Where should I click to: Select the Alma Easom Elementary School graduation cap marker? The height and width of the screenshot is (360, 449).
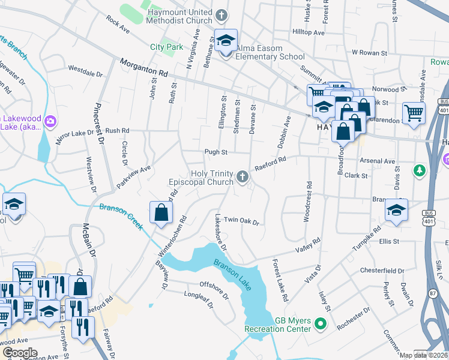click(x=226, y=42)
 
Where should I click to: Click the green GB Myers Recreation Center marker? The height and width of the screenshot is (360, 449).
click(x=321, y=325)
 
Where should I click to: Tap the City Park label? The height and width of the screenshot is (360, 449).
click(x=166, y=46)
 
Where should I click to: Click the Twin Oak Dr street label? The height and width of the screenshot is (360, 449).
click(x=241, y=221)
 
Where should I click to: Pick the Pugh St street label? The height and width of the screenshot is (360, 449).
click(x=216, y=152)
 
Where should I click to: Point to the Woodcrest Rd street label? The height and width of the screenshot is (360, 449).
click(x=307, y=202)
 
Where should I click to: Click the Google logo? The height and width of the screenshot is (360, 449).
click(x=20, y=353)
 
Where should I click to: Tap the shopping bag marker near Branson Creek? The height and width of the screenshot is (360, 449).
click(x=161, y=212)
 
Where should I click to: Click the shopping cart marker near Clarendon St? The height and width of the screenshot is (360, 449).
click(x=414, y=112)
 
